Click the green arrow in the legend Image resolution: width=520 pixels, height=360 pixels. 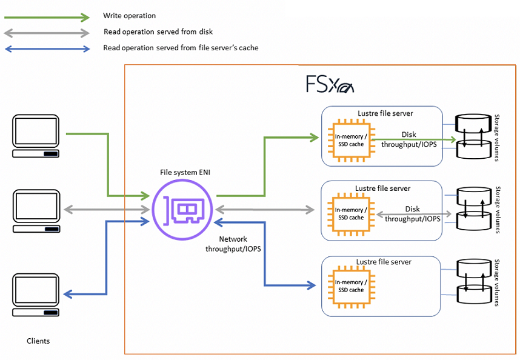coord(47,16)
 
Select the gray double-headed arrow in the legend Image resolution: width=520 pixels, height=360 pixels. coord(47,32)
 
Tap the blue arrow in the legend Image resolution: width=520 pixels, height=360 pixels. coord(47,48)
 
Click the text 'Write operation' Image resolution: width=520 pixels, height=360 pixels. coord(129,16)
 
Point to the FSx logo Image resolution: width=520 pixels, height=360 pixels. coord(329,84)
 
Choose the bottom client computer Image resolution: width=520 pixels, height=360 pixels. coord(36,295)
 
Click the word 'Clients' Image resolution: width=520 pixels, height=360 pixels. coord(38,341)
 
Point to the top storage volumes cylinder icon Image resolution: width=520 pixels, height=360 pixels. coord(473,138)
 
